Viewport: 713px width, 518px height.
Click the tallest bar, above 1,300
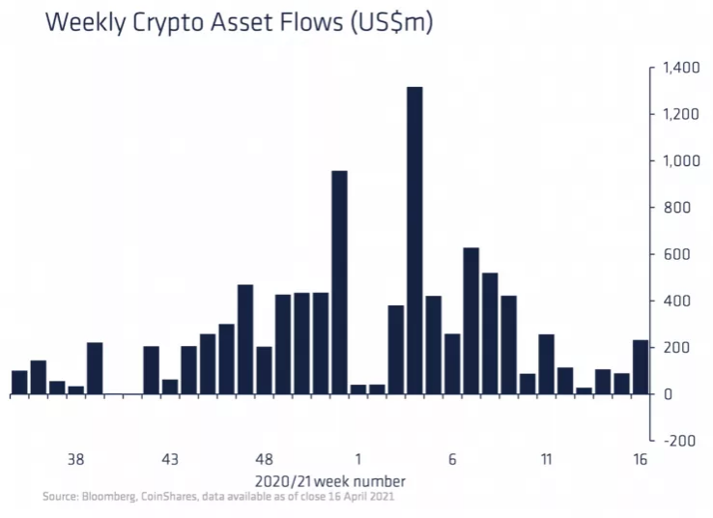pyautogui.click(x=414, y=241)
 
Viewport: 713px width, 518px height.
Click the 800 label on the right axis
pyautogui.click(x=677, y=208)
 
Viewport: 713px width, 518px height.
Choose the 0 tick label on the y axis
pyautogui.click(x=668, y=394)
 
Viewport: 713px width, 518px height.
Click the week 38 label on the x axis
pyautogui.click(x=76, y=459)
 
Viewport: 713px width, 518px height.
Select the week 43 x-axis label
pyautogui.click(x=170, y=459)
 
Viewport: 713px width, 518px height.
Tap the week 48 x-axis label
pyautogui.click(x=264, y=459)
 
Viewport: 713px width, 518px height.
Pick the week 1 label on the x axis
pyautogui.click(x=358, y=459)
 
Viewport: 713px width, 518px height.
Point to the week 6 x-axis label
pyautogui.click(x=452, y=459)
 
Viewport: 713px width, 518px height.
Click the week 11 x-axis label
pyautogui.click(x=546, y=459)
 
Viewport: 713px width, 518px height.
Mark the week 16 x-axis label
pyautogui.click(x=640, y=459)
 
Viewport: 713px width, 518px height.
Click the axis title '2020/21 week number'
pyautogui.click(x=330, y=480)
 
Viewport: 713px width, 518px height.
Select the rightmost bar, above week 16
pyautogui.click(x=641, y=367)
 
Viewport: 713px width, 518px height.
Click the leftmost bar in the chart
pyautogui.click(x=19, y=383)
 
